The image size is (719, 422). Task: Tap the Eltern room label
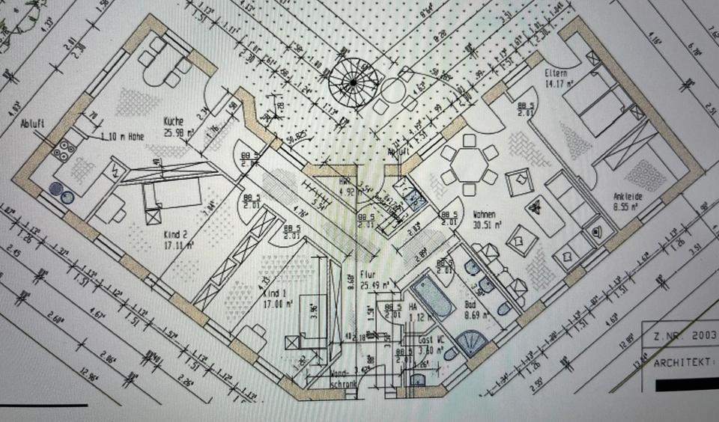(556, 74)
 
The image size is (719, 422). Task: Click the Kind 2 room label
(175, 235)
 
